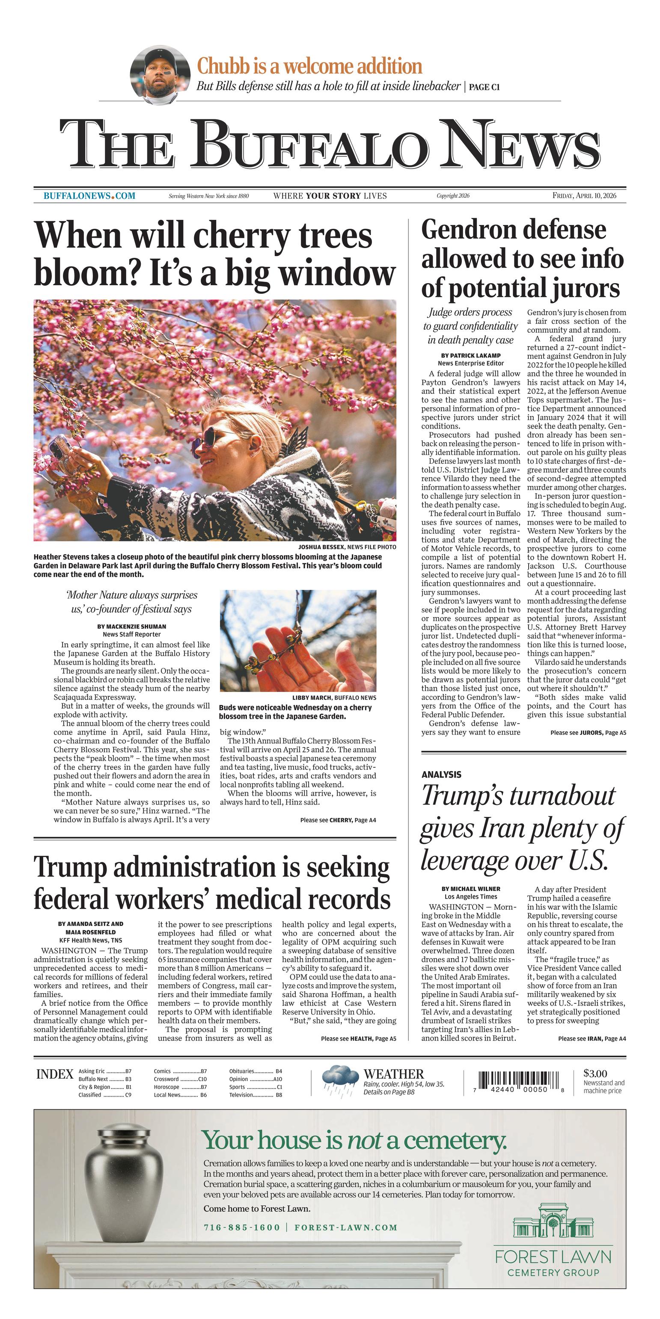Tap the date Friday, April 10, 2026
[584, 195]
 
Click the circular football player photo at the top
[157, 75]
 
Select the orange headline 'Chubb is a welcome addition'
[309, 67]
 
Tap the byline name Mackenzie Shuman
[132, 626]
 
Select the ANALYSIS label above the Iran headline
[441, 775]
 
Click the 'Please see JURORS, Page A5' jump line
[588, 733]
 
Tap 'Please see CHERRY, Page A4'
[338, 820]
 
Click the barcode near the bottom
[519, 1080]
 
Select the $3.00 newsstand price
[595, 1073]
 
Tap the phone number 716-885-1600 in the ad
[242, 1227]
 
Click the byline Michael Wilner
[470, 889]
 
